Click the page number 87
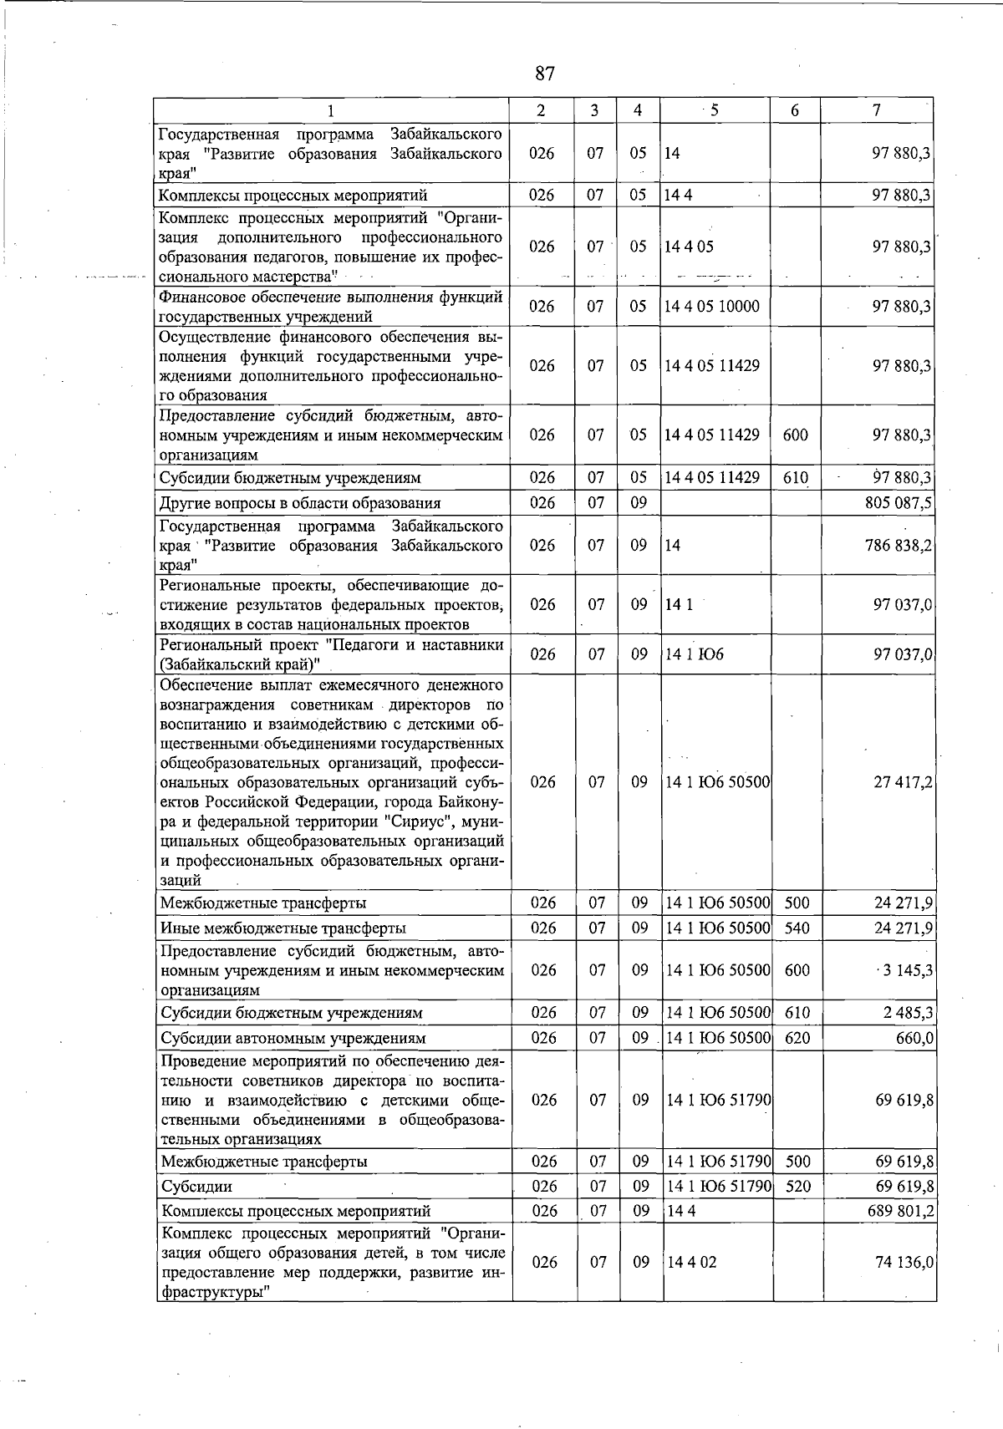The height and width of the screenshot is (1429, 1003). click(x=544, y=74)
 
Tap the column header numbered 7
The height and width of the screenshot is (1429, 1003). click(x=876, y=110)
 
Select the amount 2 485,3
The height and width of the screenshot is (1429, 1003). click(x=908, y=1013)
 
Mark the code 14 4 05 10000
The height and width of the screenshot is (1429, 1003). click(x=712, y=307)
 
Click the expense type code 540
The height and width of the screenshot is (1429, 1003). click(x=797, y=928)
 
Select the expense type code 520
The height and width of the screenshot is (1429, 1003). click(x=798, y=1186)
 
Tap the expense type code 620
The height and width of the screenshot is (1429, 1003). click(x=798, y=1038)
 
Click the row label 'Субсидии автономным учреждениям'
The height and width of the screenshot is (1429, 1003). click(x=293, y=1039)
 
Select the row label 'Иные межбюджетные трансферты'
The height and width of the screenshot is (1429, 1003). click(x=283, y=928)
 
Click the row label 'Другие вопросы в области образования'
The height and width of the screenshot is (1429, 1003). click(x=300, y=503)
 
